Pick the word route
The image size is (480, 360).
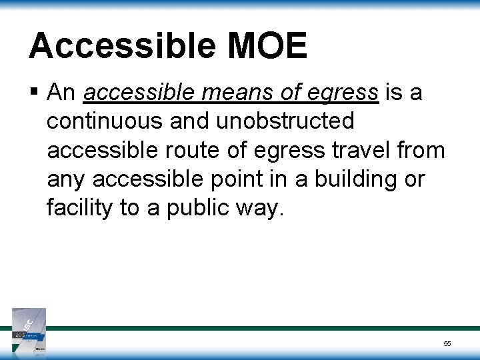tap(191, 151)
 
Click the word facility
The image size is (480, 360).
tap(79, 209)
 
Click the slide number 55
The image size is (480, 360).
tap(447, 343)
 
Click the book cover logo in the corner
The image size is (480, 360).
tap(29, 329)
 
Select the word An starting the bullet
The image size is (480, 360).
tap(62, 93)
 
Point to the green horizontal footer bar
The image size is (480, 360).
tap(267, 328)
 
